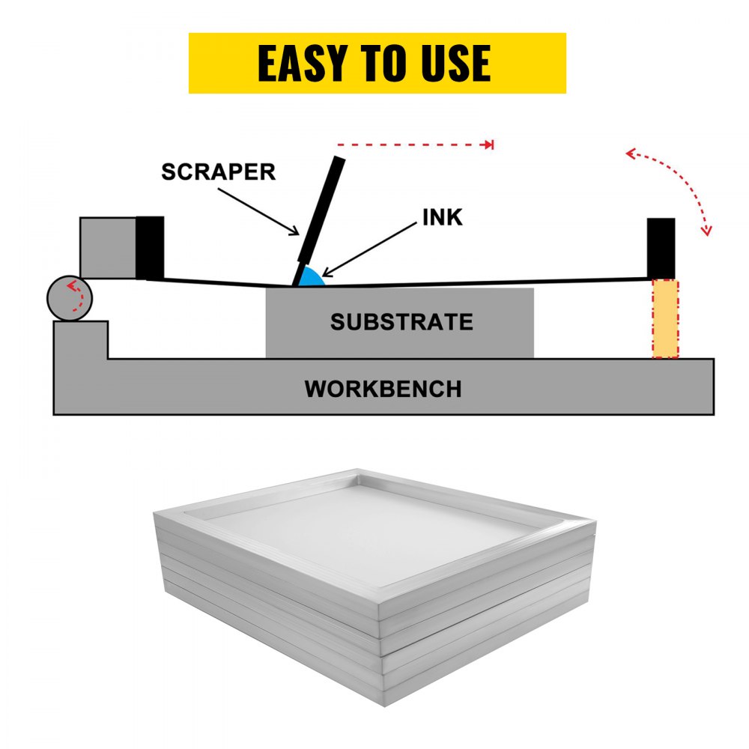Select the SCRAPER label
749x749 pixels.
point(219,172)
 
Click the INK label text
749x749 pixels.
point(442,217)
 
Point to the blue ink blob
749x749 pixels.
point(311,279)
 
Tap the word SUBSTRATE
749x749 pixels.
point(401,322)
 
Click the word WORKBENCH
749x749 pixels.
point(383,389)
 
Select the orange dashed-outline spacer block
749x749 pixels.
point(665,319)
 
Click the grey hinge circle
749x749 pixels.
point(70,298)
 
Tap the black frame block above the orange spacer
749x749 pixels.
point(661,248)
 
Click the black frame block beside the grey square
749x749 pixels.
point(150,248)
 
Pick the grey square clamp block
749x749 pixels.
point(108,248)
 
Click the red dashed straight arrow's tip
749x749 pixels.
point(491,144)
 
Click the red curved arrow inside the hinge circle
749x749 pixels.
point(74,295)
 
